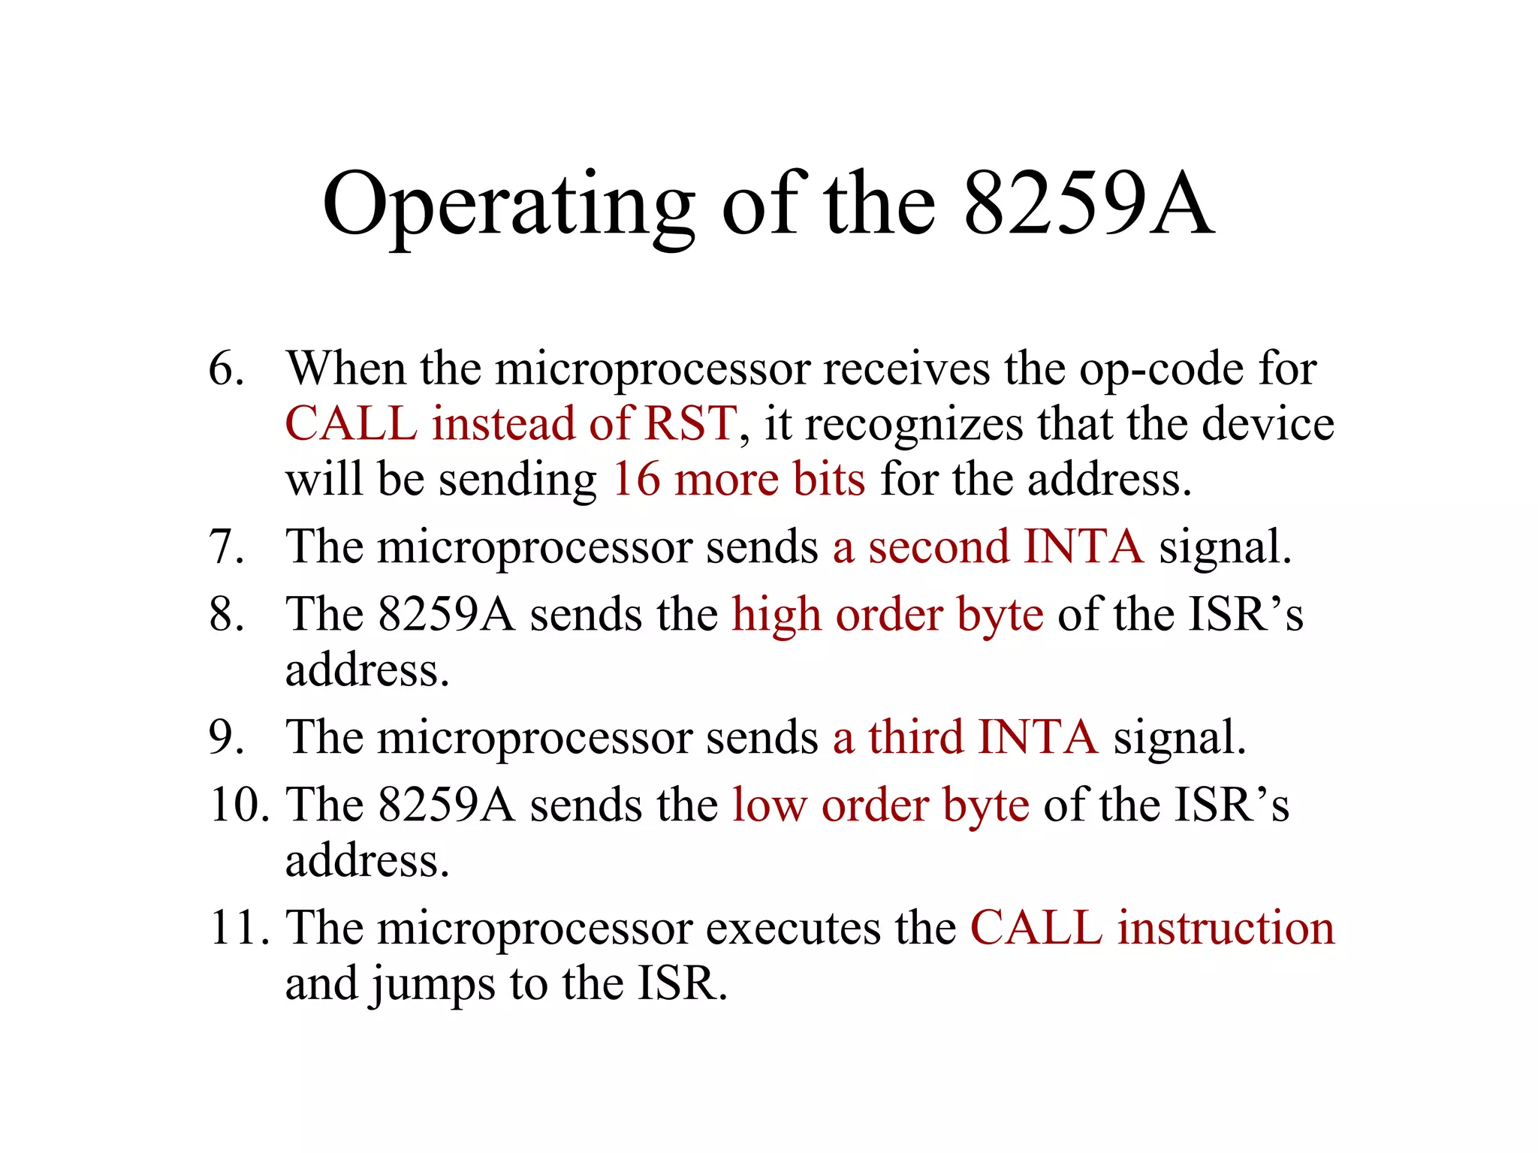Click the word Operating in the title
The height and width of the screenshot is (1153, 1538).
click(x=508, y=205)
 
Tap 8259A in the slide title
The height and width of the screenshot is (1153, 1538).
click(x=1087, y=203)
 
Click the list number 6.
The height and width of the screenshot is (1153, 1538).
click(x=226, y=369)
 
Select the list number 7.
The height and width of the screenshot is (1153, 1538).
click(x=226, y=546)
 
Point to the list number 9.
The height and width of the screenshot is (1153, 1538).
click(x=226, y=737)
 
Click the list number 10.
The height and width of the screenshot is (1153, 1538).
click(x=239, y=805)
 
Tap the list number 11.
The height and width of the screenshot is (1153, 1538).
click(x=239, y=928)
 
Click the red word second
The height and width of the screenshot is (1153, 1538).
click(x=939, y=546)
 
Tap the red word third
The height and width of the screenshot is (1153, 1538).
click(x=915, y=737)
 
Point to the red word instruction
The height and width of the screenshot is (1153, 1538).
click(x=1226, y=928)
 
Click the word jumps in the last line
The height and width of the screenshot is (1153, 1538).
click(x=433, y=985)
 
